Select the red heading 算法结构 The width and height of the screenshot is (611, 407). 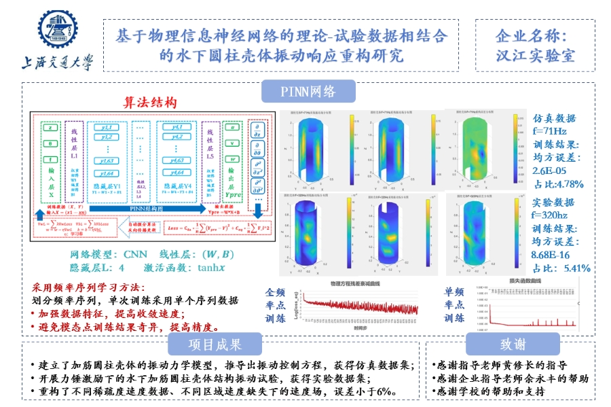click(x=149, y=103)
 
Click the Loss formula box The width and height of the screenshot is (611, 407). click(x=217, y=226)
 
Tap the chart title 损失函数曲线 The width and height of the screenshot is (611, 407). click(x=513, y=280)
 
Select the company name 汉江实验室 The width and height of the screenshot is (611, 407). click(x=536, y=55)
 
